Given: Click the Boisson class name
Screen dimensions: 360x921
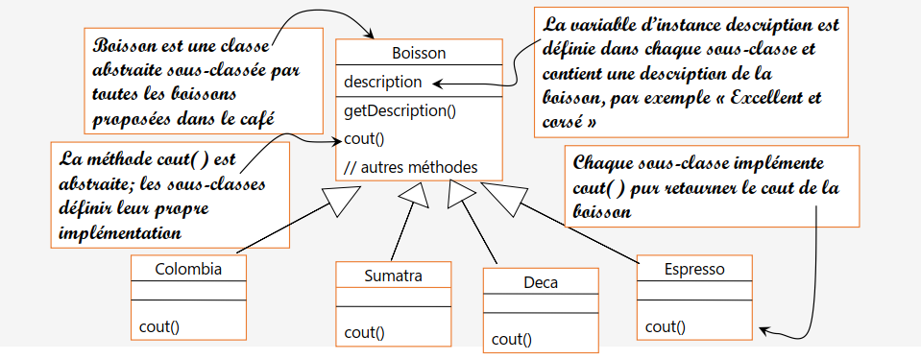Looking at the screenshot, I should (419, 53).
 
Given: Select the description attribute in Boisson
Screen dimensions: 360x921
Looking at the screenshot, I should (382, 83).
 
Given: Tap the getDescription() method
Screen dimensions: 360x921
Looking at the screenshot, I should (400, 110).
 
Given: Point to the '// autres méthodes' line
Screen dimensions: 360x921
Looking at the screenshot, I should (410, 167).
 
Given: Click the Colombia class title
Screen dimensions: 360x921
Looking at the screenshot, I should (188, 269).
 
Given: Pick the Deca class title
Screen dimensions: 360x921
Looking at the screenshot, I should (541, 282).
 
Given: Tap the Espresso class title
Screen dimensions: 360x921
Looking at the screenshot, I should (694, 269).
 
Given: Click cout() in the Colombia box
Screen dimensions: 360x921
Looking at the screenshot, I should (159, 325).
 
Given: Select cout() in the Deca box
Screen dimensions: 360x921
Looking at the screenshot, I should (512, 339).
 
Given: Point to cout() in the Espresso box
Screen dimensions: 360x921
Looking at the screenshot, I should (666, 326).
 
